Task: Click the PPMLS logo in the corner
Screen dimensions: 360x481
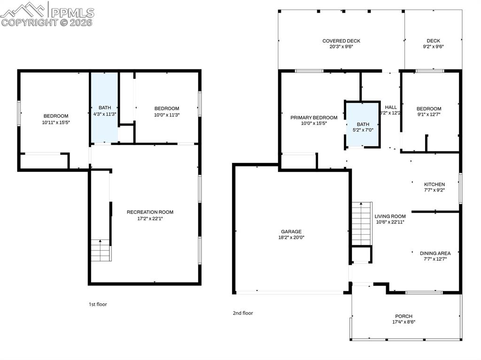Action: pyautogui.click(x=47, y=14)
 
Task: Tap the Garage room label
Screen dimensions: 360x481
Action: pyautogui.click(x=291, y=231)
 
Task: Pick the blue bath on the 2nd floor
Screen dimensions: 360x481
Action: pyautogui.click(x=363, y=124)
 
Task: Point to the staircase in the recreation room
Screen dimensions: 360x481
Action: pyautogui.click(x=101, y=250)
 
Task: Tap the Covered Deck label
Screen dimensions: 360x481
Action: pyautogui.click(x=341, y=41)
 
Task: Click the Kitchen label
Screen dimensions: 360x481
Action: pyautogui.click(x=434, y=184)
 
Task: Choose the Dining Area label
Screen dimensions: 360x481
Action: pyautogui.click(x=435, y=253)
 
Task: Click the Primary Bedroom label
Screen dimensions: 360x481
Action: pyautogui.click(x=314, y=117)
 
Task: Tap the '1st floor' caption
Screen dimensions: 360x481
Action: pyautogui.click(x=98, y=304)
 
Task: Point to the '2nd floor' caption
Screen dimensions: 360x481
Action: pyautogui.click(x=243, y=313)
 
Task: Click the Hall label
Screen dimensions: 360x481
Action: pyautogui.click(x=391, y=107)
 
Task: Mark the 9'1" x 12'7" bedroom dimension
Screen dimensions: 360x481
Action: pyautogui.click(x=428, y=114)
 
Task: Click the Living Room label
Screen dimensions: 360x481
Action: pyautogui.click(x=390, y=216)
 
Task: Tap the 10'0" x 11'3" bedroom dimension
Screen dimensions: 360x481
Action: pyautogui.click(x=167, y=115)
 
